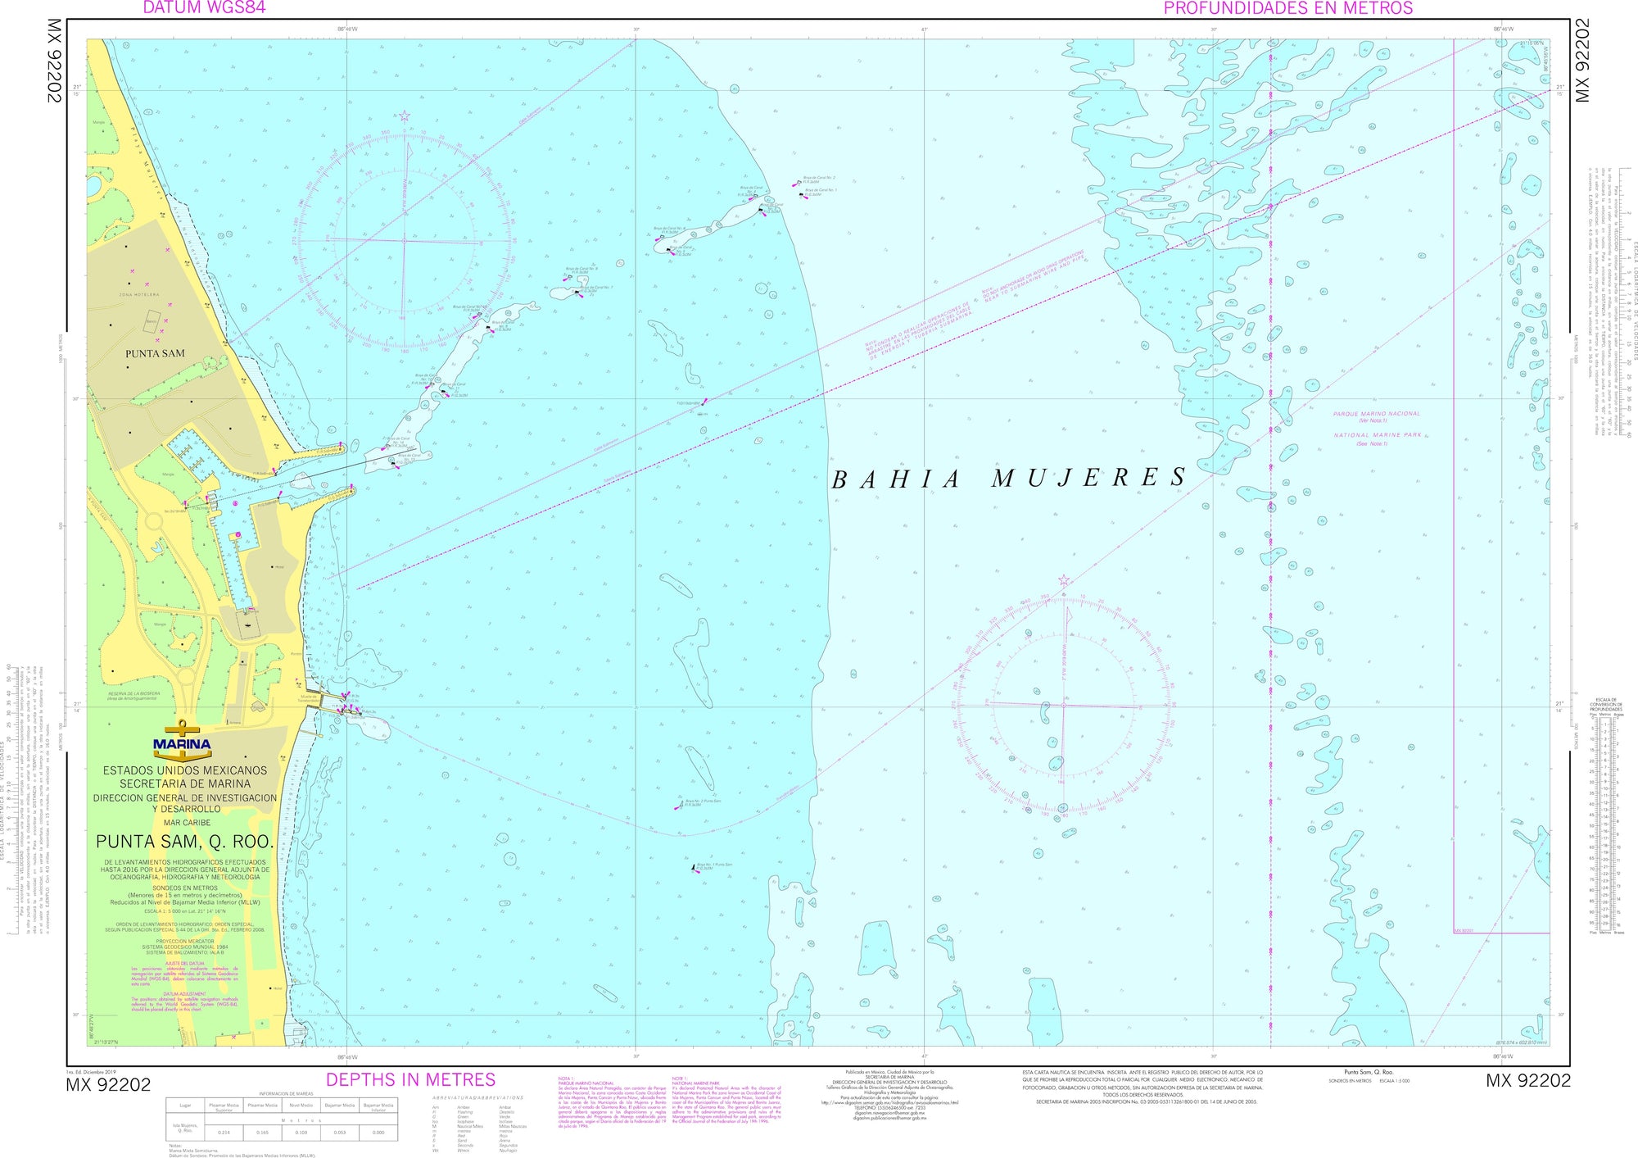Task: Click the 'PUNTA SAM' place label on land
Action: click(155, 353)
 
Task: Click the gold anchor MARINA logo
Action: click(182, 742)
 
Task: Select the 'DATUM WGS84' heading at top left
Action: click(204, 8)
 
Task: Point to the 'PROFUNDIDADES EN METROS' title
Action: click(1288, 8)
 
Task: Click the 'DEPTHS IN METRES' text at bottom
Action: click(410, 1079)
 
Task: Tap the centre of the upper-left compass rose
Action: click(405, 241)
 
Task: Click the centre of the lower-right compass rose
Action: click(1064, 705)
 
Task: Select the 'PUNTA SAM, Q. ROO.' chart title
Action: click(184, 842)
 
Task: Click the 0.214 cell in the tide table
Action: click(224, 1132)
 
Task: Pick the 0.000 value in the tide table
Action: click(378, 1132)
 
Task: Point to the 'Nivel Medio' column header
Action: click(301, 1106)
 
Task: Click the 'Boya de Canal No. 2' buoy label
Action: click(819, 178)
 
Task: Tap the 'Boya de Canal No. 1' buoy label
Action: click(821, 190)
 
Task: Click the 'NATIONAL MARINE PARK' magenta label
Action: click(1378, 435)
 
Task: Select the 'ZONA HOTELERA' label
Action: click(139, 294)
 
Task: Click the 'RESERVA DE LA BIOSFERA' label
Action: click(134, 693)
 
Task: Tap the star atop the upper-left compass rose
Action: click(404, 116)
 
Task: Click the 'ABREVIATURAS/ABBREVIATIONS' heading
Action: click(478, 1097)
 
